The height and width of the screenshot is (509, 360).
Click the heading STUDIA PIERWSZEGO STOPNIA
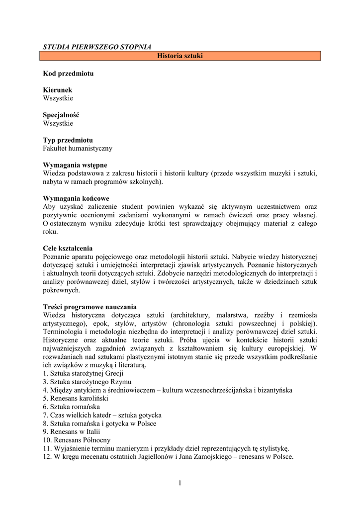[x=97, y=47]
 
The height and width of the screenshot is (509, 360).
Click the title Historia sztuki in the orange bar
[x=180, y=56]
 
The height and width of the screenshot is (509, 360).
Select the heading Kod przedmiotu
[x=68, y=74]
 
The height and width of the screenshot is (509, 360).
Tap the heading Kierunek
[x=58, y=90]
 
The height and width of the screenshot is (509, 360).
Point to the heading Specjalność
[x=61, y=115]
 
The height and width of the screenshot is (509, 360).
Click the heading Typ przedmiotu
[x=68, y=140]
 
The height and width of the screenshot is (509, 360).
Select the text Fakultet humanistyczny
[x=78, y=148]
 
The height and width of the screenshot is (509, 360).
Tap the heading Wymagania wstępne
[x=75, y=165]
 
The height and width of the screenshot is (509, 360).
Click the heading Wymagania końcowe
[x=76, y=198]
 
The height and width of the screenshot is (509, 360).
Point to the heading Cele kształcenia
[x=68, y=249]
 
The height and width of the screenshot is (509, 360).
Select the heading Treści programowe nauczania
[x=90, y=307]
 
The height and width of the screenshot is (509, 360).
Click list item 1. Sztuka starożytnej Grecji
[x=84, y=373]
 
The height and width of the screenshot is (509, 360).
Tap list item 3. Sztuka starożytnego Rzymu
[x=87, y=382]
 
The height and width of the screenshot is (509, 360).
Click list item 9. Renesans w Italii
[x=74, y=432]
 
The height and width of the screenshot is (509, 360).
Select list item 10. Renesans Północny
[x=77, y=440]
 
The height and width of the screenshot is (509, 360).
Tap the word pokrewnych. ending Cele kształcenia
[x=62, y=290]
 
